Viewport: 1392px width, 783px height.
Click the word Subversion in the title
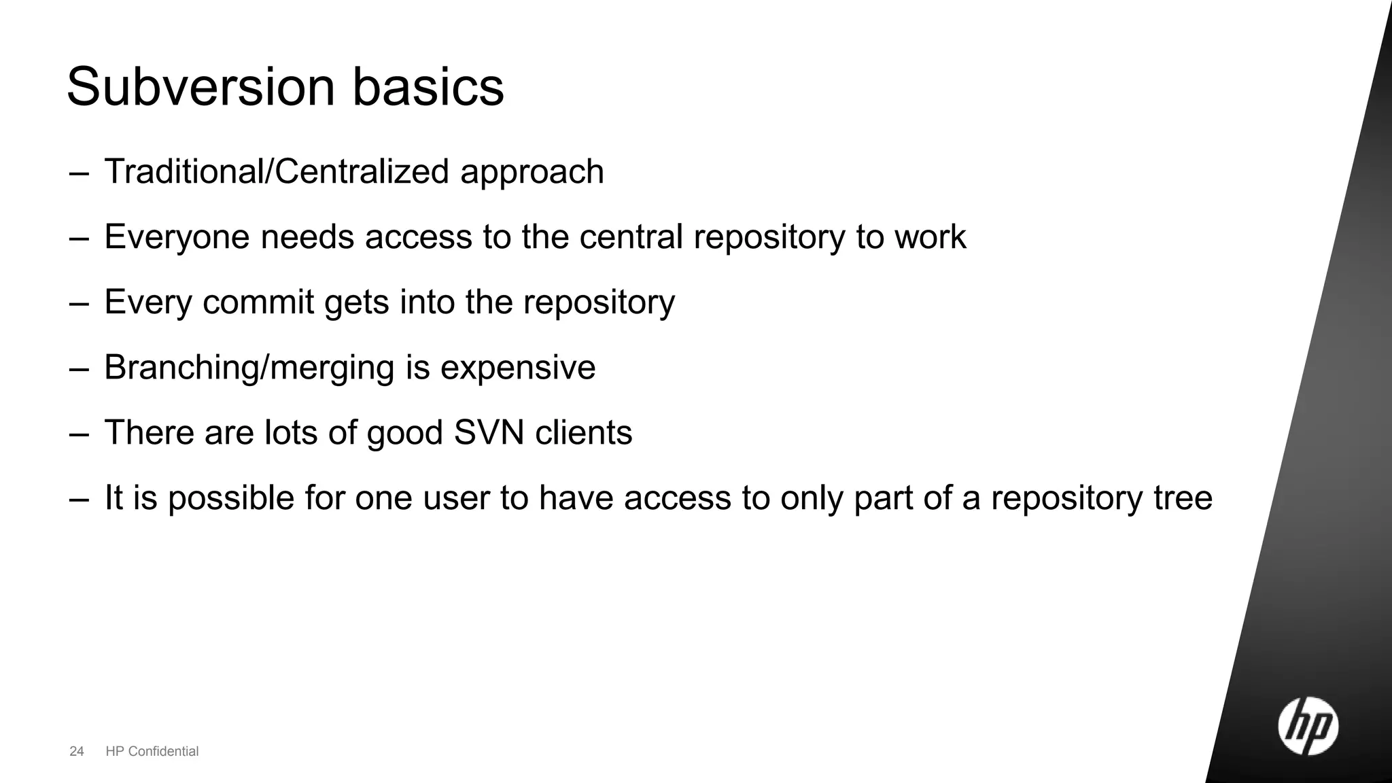coord(201,87)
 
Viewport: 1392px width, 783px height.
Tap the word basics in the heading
coord(428,87)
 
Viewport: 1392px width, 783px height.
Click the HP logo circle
coord(1308,727)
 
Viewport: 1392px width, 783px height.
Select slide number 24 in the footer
coord(77,751)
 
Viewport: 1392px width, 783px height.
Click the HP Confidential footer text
coord(152,751)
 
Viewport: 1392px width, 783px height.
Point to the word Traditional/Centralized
coord(276,171)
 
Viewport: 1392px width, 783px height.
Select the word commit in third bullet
coord(258,302)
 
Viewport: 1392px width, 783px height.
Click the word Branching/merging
coord(249,368)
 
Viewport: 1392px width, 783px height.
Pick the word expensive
coord(518,368)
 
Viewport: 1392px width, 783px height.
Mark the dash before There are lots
coord(79,434)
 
